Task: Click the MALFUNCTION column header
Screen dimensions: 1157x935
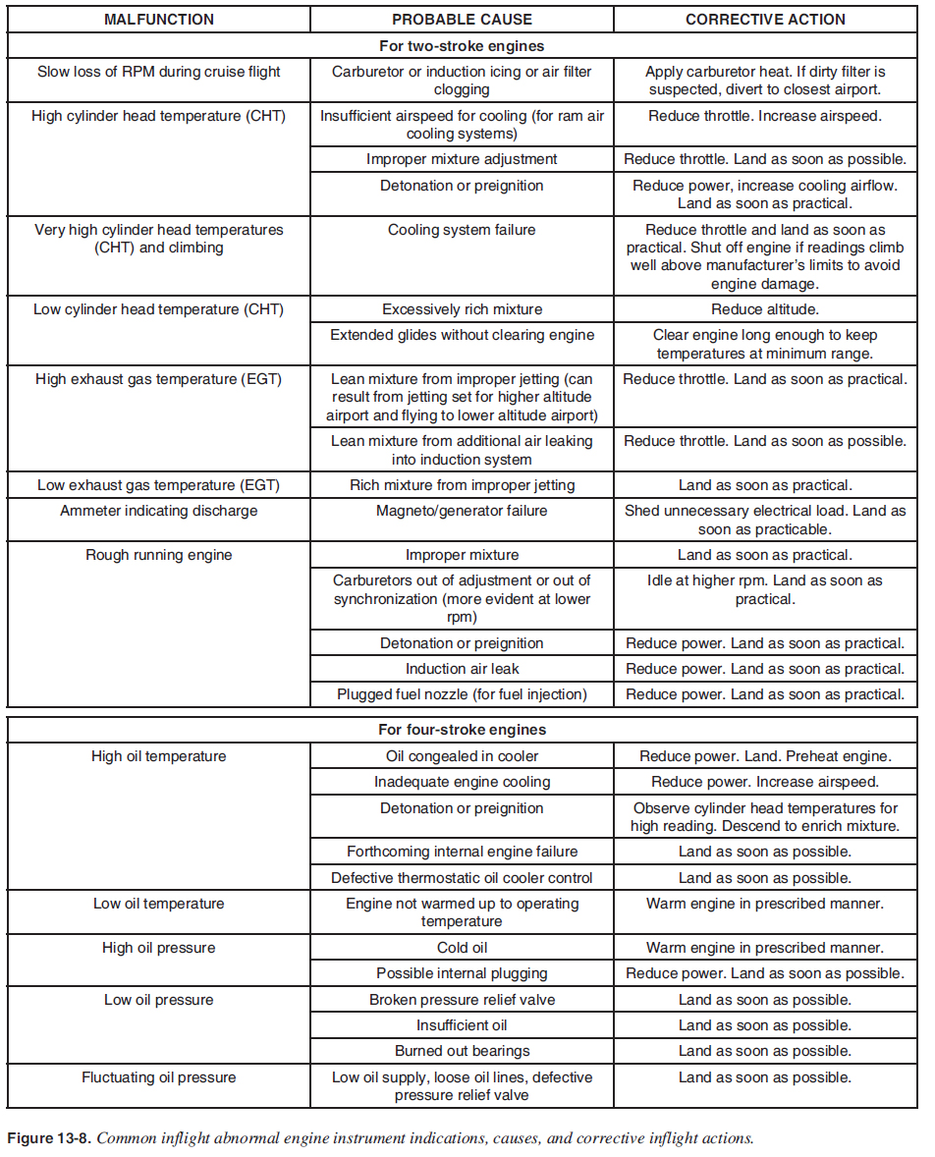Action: point(158,20)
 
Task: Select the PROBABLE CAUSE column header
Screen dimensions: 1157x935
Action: point(462,20)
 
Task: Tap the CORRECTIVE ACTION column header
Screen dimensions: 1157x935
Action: point(765,20)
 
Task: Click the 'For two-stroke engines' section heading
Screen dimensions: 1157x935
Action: point(462,46)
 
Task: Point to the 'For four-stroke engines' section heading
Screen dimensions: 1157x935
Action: point(462,730)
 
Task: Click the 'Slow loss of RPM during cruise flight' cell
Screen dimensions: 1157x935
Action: point(158,72)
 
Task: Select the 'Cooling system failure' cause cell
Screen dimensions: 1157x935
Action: point(462,230)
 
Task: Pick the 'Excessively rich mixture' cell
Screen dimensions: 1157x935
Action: point(462,309)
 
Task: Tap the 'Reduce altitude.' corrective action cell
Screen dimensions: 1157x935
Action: point(765,309)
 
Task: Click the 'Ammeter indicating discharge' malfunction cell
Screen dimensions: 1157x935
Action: point(158,511)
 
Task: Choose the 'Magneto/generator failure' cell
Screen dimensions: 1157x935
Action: point(462,511)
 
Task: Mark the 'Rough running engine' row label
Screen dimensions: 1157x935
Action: point(158,555)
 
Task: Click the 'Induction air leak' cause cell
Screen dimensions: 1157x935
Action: point(462,669)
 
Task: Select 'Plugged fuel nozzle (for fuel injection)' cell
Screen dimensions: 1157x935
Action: point(462,694)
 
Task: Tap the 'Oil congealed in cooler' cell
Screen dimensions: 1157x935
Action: point(462,756)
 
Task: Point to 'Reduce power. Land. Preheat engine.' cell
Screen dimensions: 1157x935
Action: point(765,756)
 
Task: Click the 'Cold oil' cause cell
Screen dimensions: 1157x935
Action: point(462,948)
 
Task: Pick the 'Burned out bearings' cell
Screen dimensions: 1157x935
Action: point(462,1051)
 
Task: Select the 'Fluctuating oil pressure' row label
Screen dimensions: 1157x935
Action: point(158,1077)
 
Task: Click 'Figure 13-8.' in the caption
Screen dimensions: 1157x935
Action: point(49,1139)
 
